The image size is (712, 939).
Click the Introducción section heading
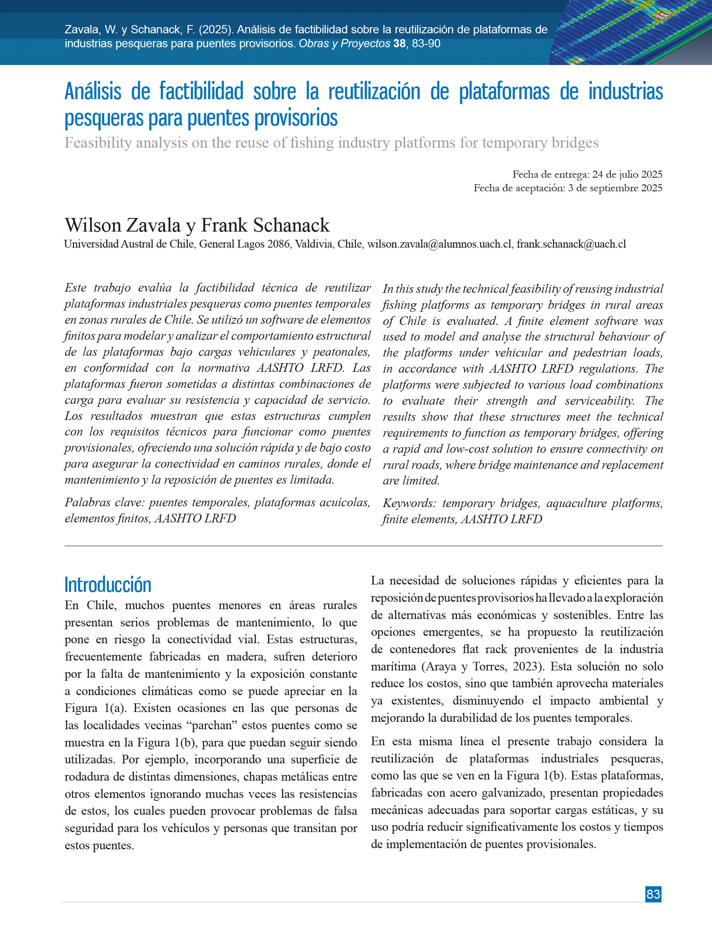108,585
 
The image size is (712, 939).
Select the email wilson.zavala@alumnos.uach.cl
439,244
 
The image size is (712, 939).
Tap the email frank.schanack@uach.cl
571,244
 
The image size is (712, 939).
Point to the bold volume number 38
399,44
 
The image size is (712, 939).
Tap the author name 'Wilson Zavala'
123,225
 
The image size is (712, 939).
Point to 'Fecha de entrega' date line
587,174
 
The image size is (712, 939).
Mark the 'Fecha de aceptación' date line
568,188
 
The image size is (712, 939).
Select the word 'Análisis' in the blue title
93,91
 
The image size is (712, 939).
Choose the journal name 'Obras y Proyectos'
344,44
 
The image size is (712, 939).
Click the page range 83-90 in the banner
426,44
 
